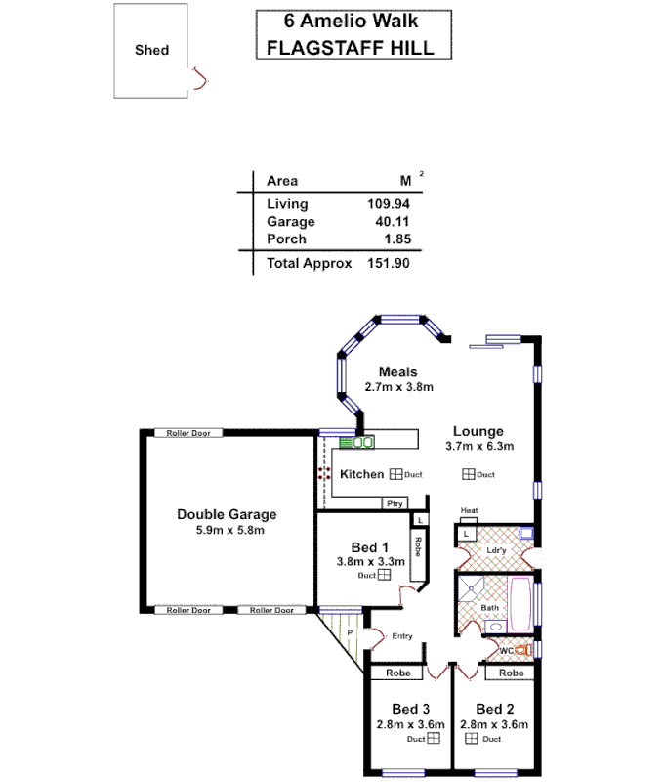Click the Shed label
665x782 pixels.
click(151, 50)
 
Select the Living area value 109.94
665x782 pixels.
click(388, 204)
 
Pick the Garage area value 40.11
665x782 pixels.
click(391, 222)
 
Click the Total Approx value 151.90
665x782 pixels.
click(388, 263)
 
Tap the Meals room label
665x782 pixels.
click(397, 372)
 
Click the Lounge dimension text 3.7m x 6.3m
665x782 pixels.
click(478, 446)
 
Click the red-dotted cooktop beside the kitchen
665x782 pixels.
click(323, 473)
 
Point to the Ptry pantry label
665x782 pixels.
click(395, 504)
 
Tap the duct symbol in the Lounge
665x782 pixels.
click(469, 474)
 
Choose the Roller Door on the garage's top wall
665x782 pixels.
click(187, 433)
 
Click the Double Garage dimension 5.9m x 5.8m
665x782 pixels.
click(226, 530)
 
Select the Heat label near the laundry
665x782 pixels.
click(469, 511)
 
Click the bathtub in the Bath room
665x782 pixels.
click(519, 603)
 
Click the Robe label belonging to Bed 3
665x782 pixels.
click(395, 673)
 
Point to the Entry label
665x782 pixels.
click(401, 636)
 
